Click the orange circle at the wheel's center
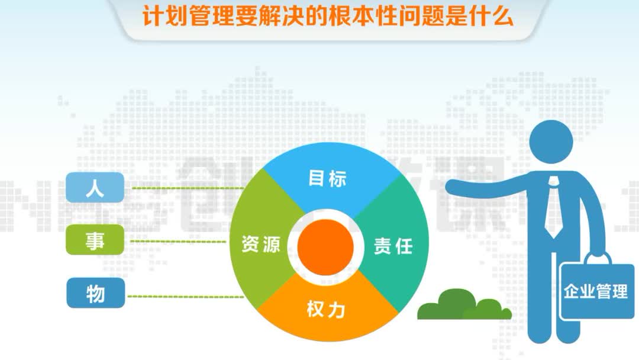325,245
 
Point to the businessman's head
551,143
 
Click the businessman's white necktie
554,207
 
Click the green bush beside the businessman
461,305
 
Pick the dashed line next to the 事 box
186,241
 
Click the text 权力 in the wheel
326,310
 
